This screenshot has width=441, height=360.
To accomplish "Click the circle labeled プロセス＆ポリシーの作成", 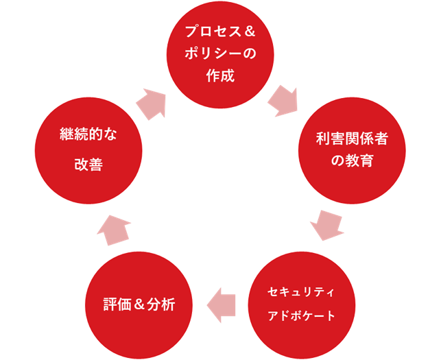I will pos(221,55).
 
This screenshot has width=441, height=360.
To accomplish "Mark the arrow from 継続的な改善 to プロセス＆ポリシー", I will pos(152,104).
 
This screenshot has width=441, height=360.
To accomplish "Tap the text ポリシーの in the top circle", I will pos(221,54).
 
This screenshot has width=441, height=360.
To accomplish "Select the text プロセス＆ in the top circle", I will pos(221,32).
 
